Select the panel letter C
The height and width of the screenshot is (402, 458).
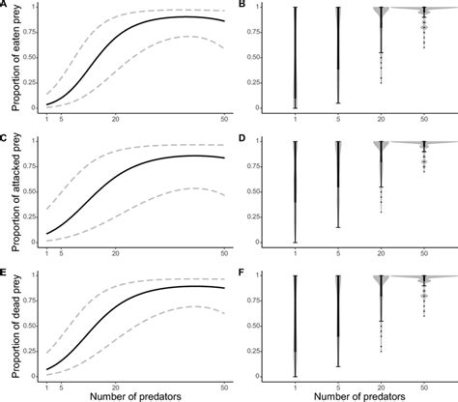tap(5, 139)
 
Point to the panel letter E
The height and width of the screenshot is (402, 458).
tap(5, 273)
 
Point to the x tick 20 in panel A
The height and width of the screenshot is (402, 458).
tap(115, 119)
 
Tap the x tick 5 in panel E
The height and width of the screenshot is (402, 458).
tap(61, 387)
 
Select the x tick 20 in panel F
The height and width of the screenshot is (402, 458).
tap(380, 387)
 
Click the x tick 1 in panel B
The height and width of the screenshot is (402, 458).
tap(296, 119)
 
